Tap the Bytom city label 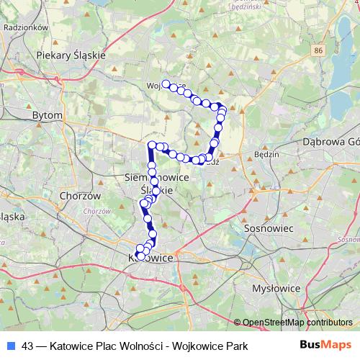[x=48, y=114]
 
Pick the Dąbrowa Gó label [x=331, y=143]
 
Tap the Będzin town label [x=266, y=154]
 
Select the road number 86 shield [x=319, y=51]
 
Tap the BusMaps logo [x=326, y=346]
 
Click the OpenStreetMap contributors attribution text [x=297, y=323]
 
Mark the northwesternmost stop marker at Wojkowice [x=166, y=84]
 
